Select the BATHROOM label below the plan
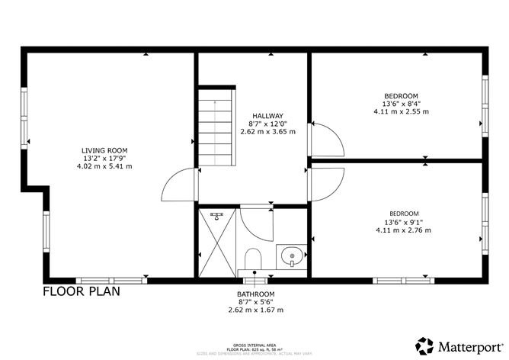tap(255, 294)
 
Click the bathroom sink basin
tap(290, 256)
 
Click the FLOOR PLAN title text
tap(81, 291)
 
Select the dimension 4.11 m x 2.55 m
tap(401, 111)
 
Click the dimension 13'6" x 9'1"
tap(403, 222)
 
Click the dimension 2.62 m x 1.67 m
tap(255, 310)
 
